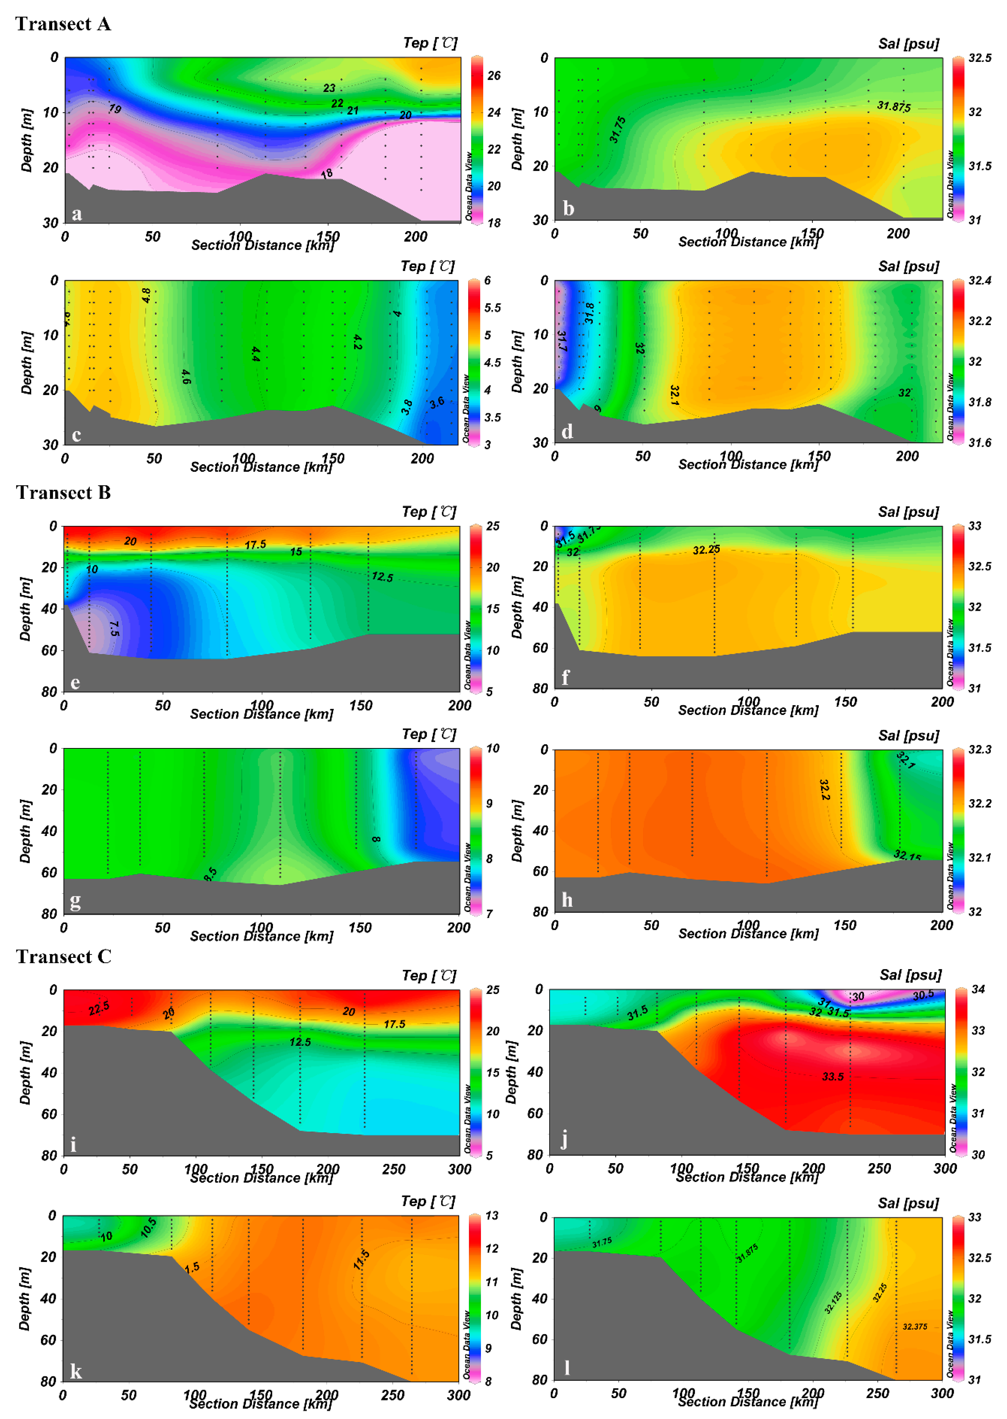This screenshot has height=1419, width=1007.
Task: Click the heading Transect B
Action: coord(63,492)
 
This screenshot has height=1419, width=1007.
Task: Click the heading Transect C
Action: coord(63,957)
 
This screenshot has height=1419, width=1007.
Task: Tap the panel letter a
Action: coord(76,214)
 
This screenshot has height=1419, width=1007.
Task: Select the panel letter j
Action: coord(564,1139)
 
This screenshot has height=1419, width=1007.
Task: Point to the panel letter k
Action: coord(76,1371)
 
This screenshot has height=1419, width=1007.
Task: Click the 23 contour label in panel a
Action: coord(329,88)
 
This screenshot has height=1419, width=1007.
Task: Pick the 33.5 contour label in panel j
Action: coord(833,1076)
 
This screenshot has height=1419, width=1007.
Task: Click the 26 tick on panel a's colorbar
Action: coord(494,76)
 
